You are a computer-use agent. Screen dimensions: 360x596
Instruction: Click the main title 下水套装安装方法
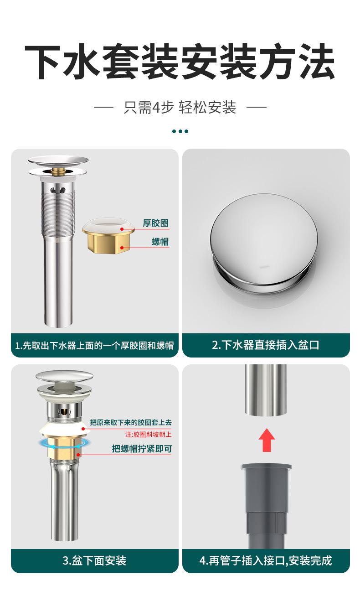180,62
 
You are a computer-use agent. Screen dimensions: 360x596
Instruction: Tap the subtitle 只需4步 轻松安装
180,107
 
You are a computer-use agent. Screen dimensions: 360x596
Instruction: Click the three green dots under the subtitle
180,131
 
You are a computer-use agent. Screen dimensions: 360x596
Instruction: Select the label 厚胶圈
155,223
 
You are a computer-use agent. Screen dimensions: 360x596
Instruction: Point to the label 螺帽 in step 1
160,242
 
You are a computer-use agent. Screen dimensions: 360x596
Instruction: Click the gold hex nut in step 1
108,243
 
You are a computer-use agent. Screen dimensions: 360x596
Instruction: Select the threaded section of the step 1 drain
57,212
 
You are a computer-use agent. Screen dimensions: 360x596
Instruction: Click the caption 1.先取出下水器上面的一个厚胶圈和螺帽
94,345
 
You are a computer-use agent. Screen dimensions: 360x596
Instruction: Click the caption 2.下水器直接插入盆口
266,345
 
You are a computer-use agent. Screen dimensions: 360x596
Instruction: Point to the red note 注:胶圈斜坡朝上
149,435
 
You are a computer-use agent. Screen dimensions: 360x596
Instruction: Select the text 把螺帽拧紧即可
142,449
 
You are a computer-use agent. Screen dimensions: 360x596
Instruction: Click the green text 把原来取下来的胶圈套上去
131,422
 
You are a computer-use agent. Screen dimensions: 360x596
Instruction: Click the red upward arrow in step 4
267,440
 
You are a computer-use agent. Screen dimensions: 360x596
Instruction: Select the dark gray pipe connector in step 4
266,506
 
